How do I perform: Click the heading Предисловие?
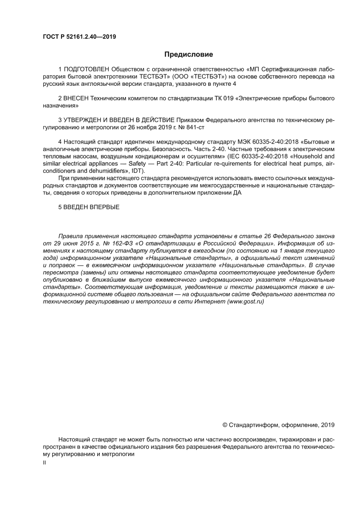tap(188, 54)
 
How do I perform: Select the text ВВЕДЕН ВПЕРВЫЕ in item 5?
tap(92, 207)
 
